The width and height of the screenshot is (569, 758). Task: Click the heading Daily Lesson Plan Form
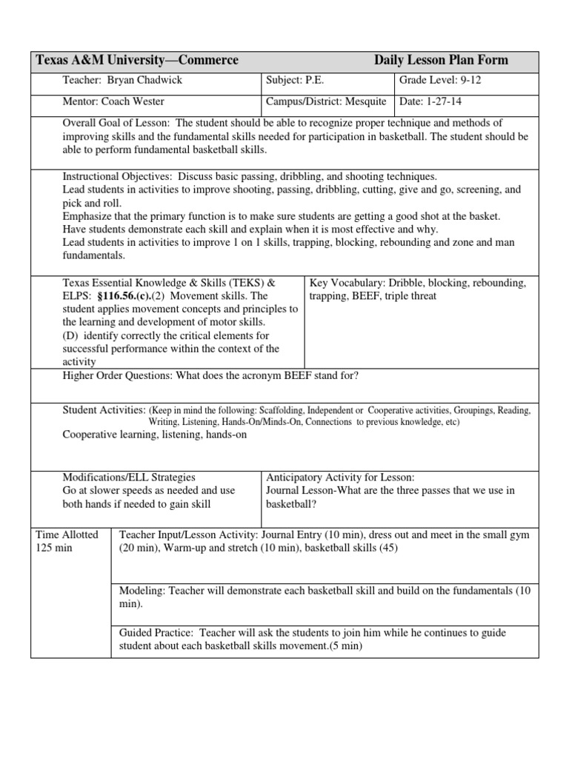pos(441,61)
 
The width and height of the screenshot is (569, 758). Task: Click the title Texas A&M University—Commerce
pos(138,61)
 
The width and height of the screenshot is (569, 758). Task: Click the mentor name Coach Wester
pos(133,101)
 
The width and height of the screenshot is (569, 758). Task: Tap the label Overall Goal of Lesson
pos(116,123)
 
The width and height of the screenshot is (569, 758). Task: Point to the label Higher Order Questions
pos(117,375)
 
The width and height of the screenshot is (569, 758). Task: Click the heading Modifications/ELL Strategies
pos(129,477)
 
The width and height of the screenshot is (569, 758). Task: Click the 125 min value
pos(54,548)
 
